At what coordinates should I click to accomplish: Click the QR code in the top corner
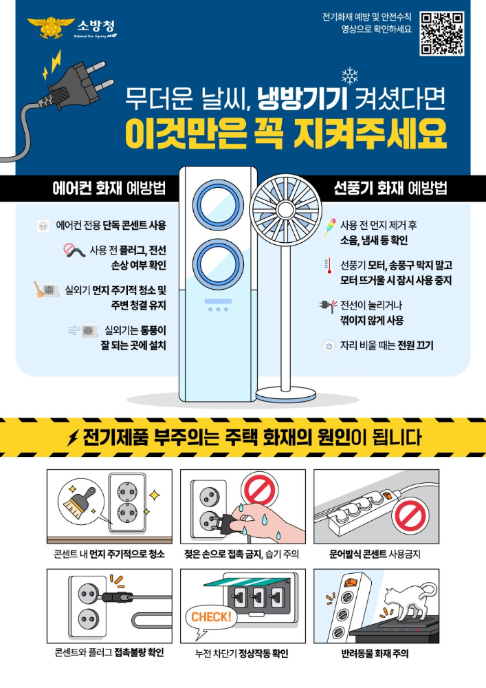[x=441, y=33]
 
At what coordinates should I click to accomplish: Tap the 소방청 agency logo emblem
[x=49, y=28]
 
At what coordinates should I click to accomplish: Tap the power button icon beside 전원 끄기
[x=329, y=346]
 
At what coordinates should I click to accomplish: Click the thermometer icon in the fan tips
[x=328, y=266]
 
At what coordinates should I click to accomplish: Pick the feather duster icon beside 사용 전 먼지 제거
[x=328, y=226]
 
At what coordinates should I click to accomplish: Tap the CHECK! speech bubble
[x=211, y=617]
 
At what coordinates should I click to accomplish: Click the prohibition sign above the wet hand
[x=259, y=491]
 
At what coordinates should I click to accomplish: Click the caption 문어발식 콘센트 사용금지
[x=375, y=553]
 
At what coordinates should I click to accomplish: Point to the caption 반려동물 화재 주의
[x=375, y=653]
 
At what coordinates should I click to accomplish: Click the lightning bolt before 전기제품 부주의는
[x=72, y=438]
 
